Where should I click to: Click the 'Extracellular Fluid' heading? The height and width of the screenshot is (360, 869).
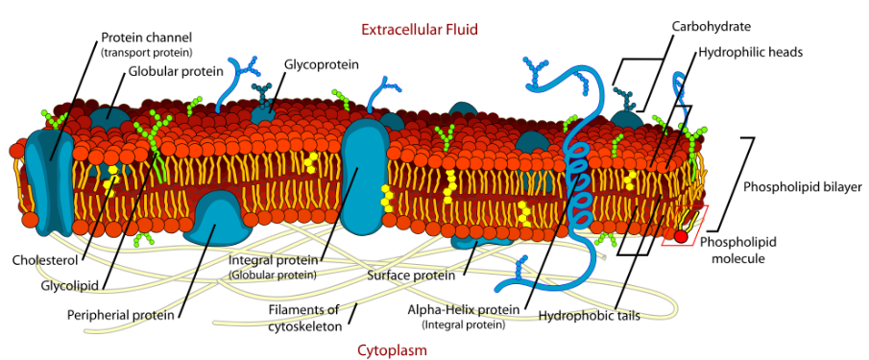click(x=419, y=30)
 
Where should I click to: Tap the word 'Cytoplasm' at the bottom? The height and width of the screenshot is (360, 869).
click(x=392, y=348)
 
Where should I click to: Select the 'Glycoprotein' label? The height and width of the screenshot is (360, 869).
click(x=321, y=64)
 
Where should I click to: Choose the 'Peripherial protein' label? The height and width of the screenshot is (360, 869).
click(x=121, y=314)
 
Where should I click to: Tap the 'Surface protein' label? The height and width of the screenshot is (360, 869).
click(x=410, y=276)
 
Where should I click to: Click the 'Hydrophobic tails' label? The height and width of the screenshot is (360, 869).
click(x=590, y=314)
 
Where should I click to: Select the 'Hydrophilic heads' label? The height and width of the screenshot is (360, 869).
click(x=750, y=52)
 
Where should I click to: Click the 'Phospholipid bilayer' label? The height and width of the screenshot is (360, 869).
click(x=802, y=187)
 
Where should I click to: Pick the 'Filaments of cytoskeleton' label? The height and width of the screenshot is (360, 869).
click(x=304, y=318)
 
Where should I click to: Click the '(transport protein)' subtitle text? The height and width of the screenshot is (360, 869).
click(x=147, y=52)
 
